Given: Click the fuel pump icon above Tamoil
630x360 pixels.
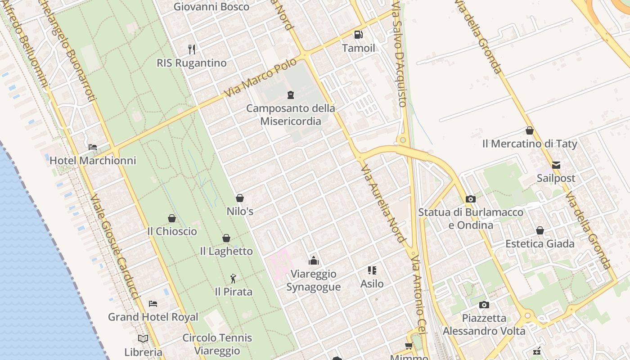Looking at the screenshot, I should [x=358, y=34].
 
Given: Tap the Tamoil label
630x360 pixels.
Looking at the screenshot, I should [x=358, y=48].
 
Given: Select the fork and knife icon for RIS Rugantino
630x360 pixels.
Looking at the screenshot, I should [x=192, y=49].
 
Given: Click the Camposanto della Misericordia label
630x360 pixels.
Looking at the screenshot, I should [x=291, y=115].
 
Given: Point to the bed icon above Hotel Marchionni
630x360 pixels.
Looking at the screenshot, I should [x=93, y=147].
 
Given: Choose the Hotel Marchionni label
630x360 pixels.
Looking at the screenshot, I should [x=93, y=161].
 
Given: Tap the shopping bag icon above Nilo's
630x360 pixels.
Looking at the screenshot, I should [x=240, y=198].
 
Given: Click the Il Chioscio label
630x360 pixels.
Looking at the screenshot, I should [x=172, y=231].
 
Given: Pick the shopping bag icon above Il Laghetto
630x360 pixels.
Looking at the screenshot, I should [x=226, y=238].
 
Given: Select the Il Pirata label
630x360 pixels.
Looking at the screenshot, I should [x=234, y=292].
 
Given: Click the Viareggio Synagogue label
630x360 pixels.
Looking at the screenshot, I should [x=314, y=280].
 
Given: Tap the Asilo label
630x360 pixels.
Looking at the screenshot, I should [x=372, y=283].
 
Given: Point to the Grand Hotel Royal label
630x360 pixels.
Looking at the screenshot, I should [x=153, y=317].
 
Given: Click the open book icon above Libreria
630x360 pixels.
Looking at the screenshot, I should [x=143, y=338].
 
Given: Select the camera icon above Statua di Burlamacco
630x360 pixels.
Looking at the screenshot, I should [x=471, y=199].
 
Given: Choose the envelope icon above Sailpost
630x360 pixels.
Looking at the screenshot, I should [x=556, y=165].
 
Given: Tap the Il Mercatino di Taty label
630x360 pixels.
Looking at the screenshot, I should [x=530, y=144].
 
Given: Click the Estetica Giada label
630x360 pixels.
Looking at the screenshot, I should [x=540, y=244].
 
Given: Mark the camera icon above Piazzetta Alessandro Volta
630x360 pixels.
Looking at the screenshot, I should [x=484, y=305].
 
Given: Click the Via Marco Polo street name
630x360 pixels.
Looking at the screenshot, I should [x=261, y=77].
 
